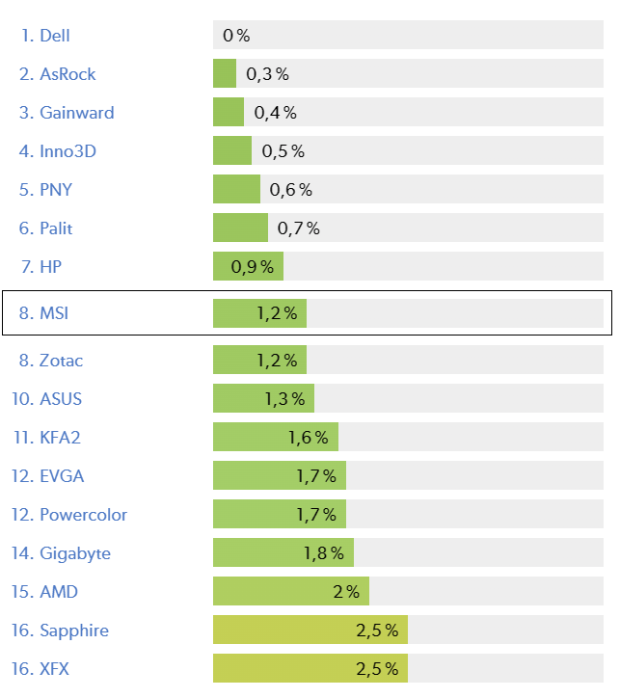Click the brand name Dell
coord(54,36)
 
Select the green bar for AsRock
coord(225,74)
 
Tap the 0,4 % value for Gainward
coord(275,113)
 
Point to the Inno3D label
coord(67,151)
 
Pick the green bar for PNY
coord(236,190)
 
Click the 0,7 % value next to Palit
coord(298,228)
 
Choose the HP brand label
coord(51,267)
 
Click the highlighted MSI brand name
coord(54,313)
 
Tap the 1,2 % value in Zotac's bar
coord(277,361)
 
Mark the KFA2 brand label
coord(60,438)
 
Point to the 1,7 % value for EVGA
coord(316,476)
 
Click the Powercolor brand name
coord(83,515)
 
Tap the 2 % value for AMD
coord(346,592)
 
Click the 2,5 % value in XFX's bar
coord(377,669)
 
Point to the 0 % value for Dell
coord(236,36)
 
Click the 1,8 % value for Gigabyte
coord(324,553)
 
